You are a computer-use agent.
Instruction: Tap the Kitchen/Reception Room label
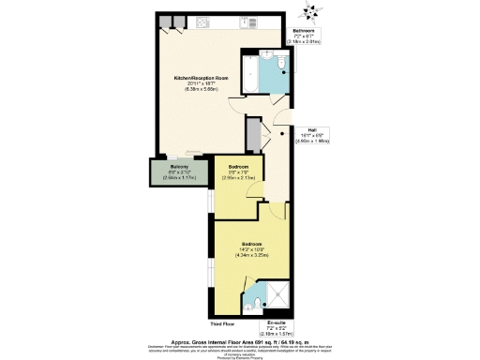point(201,78)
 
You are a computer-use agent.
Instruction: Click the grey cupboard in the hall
point(252,137)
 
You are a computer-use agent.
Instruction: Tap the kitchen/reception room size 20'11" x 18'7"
point(201,84)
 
